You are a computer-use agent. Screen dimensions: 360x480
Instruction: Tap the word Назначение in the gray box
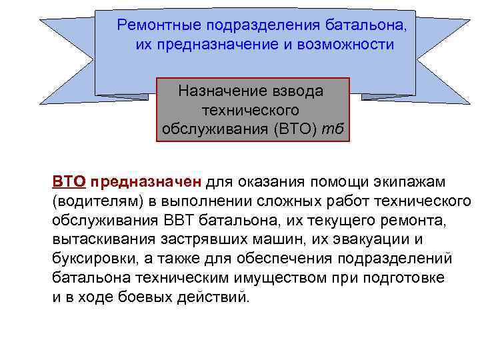coord(217,91)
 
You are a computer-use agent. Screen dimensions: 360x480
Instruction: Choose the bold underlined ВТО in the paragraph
coord(69,181)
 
